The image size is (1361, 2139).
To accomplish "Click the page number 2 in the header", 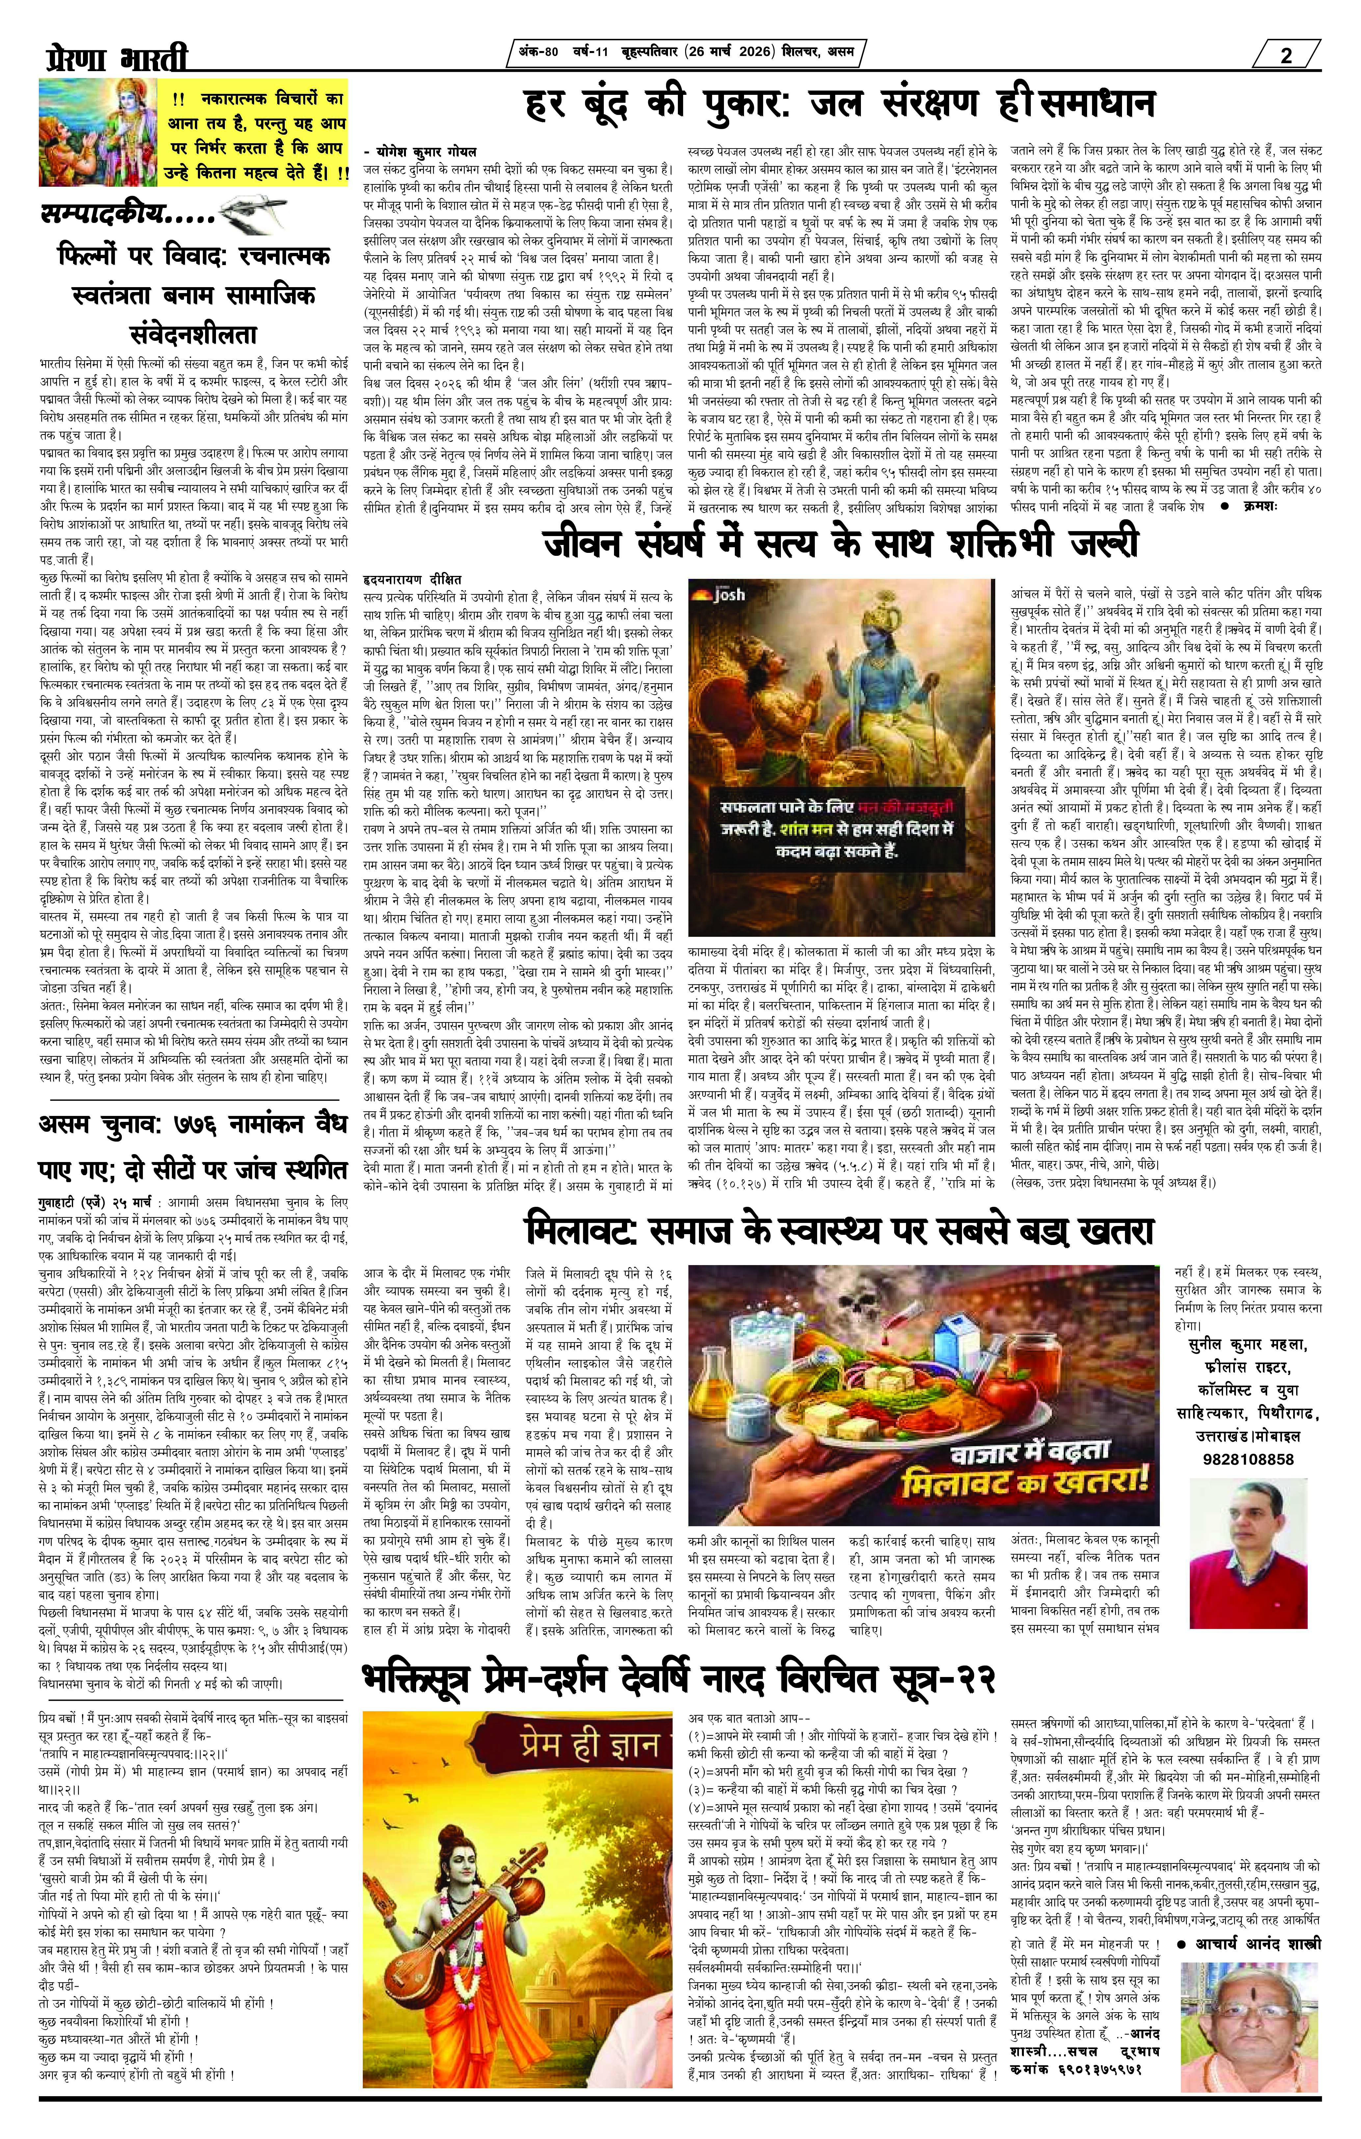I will pos(1286,55).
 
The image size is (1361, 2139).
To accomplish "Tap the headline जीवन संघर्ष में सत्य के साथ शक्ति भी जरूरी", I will pos(840,544).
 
